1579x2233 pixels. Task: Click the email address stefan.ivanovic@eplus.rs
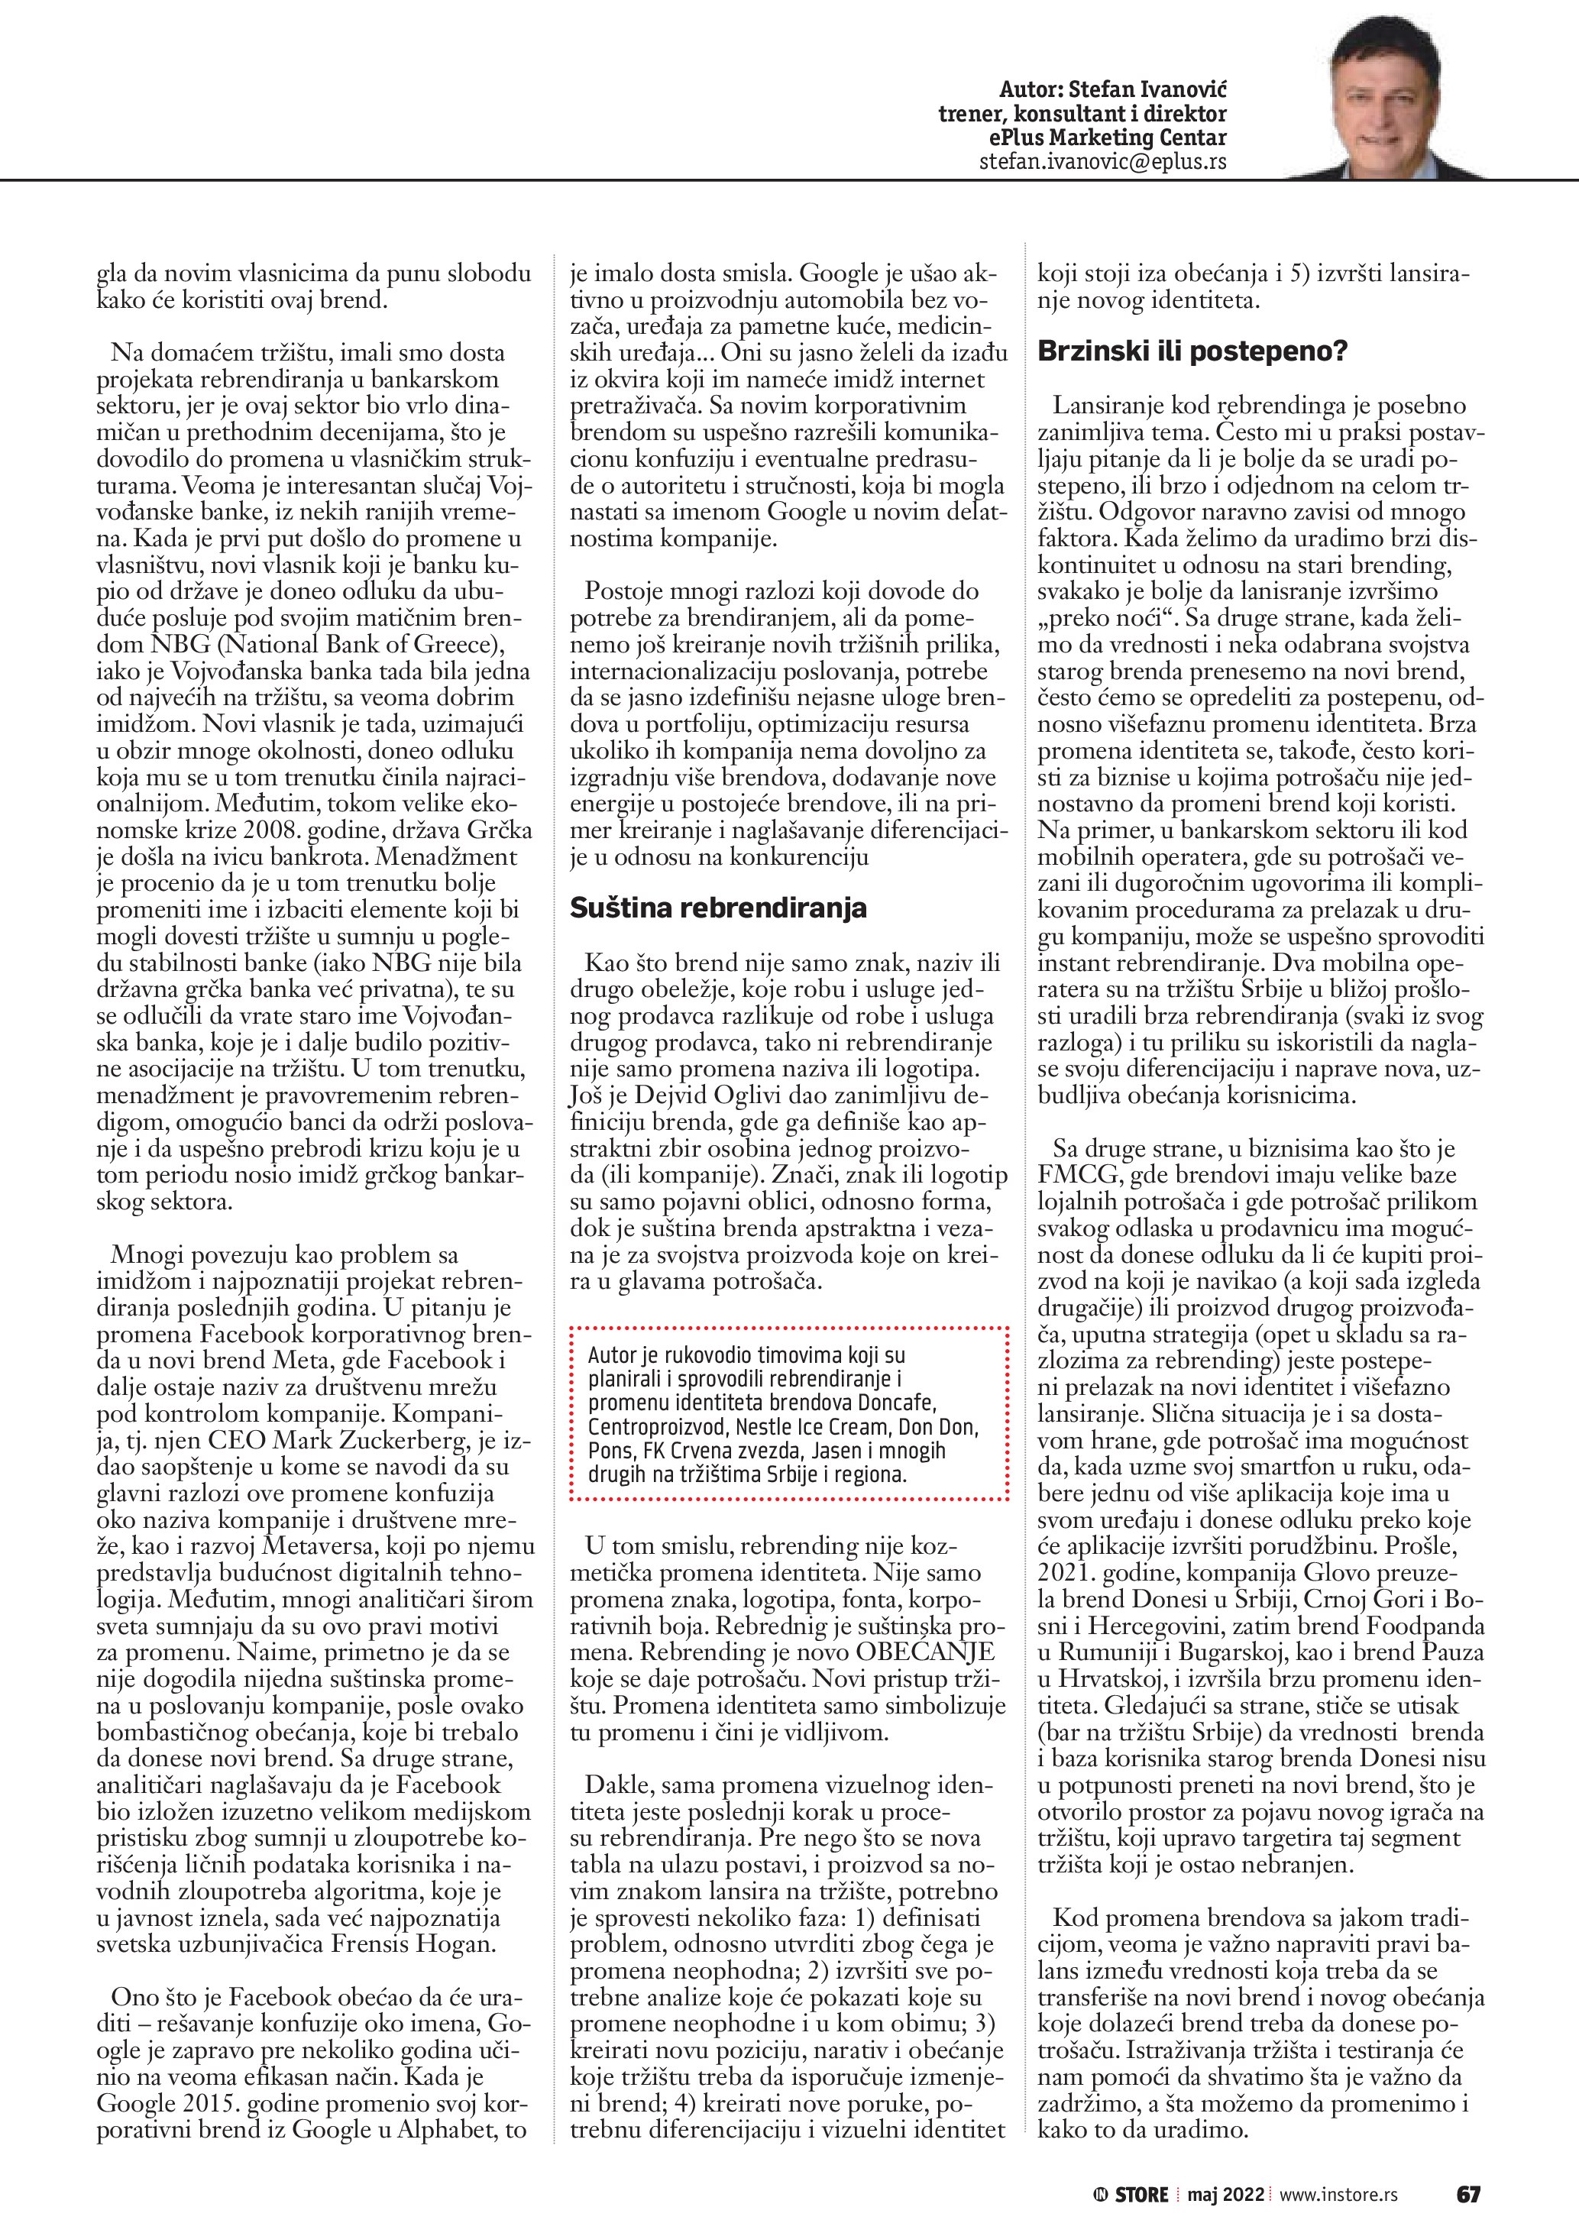[1102, 161]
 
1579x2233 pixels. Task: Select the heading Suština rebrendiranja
[717, 908]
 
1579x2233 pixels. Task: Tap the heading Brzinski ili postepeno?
[1192, 351]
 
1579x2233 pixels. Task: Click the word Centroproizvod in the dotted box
[658, 1428]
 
